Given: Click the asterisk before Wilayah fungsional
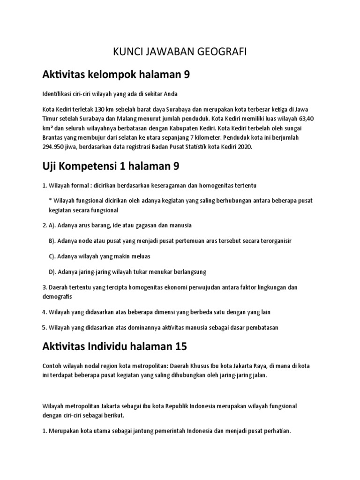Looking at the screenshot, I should tap(50, 200).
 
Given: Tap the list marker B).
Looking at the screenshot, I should tap(52, 240).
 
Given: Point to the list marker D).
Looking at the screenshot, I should tap(52, 271).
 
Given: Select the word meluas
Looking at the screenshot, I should tap(139, 256).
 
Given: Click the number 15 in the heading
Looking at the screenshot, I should tap(180, 346).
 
